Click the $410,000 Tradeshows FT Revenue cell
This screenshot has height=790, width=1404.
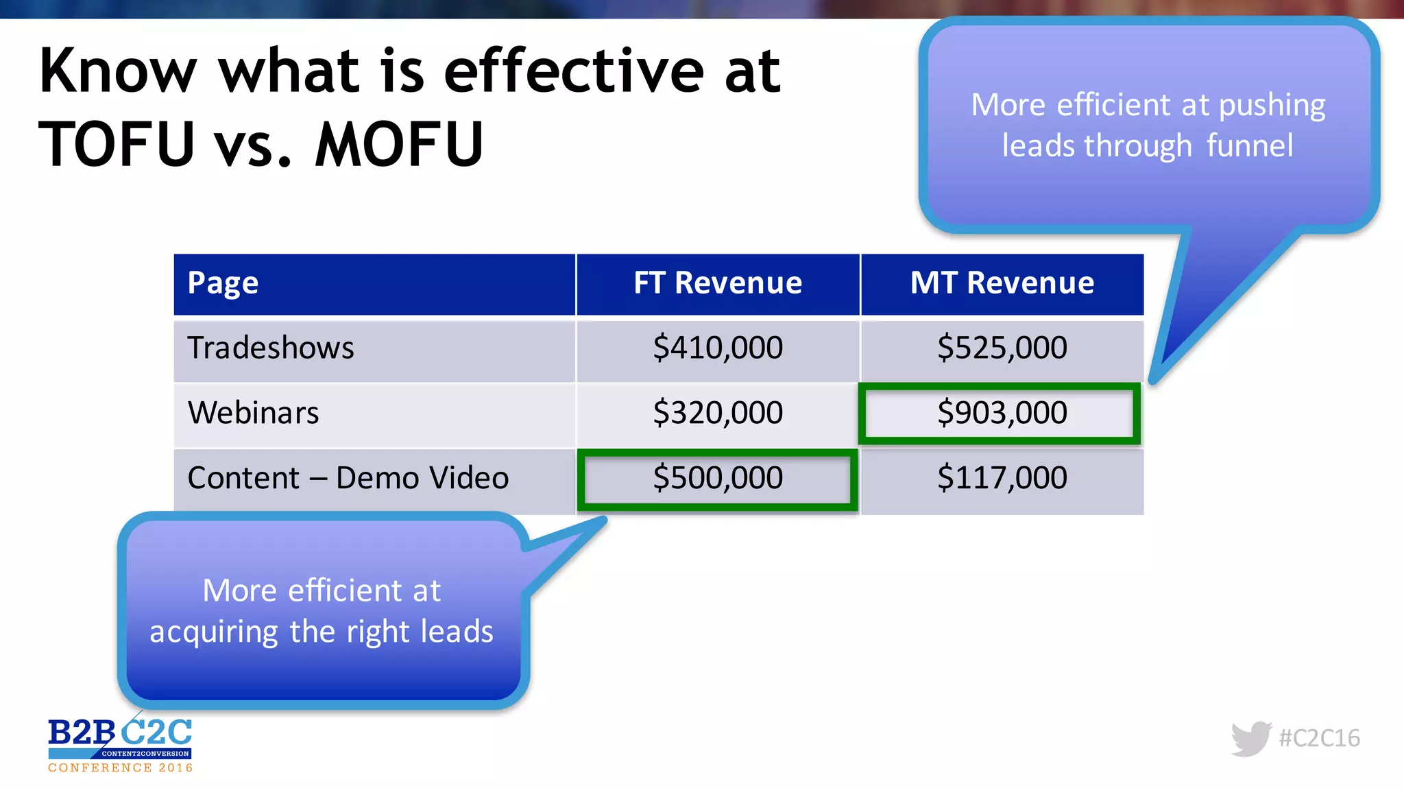(717, 348)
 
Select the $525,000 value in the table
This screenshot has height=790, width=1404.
(1002, 348)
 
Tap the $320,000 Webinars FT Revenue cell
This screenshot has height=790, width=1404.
(717, 413)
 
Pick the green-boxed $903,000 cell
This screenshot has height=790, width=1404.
(1002, 413)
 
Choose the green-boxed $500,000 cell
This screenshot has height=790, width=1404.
(717, 478)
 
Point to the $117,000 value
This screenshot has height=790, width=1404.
(1002, 478)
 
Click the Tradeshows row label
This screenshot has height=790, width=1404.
(271, 348)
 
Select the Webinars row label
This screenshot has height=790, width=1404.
(253, 413)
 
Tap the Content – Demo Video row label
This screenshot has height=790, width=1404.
(348, 478)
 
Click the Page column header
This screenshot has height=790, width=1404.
(223, 283)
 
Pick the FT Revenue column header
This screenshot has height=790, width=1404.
(717, 283)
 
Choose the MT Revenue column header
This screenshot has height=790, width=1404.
(1002, 283)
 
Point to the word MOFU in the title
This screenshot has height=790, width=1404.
(400, 144)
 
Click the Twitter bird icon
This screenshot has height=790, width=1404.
(1251, 739)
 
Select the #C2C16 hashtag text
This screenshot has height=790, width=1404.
(1319, 739)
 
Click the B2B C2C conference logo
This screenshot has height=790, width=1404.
(120, 744)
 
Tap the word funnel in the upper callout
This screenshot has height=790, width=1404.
(1249, 145)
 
